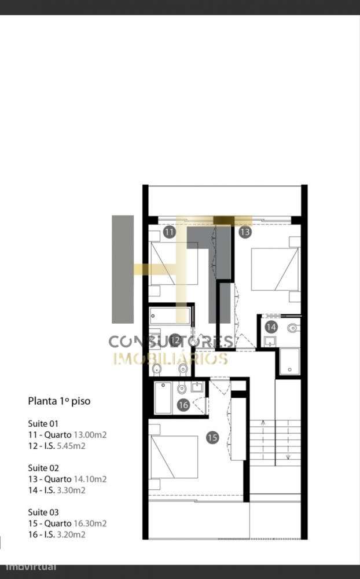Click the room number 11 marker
(x=169, y=232)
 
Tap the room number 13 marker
(x=245, y=232)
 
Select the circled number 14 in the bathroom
(x=271, y=327)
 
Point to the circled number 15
(x=212, y=438)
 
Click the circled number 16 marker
(x=183, y=405)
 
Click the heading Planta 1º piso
(x=59, y=401)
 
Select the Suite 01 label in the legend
(x=43, y=424)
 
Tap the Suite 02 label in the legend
(x=43, y=468)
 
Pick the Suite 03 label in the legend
(x=43, y=512)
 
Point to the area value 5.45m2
(x=71, y=446)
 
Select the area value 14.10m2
(x=90, y=479)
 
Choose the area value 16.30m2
(x=90, y=523)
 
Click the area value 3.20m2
(x=71, y=534)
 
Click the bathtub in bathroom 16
(x=163, y=397)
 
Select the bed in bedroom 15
(x=174, y=457)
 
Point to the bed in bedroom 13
(x=275, y=269)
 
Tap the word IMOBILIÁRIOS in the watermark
(x=170, y=358)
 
